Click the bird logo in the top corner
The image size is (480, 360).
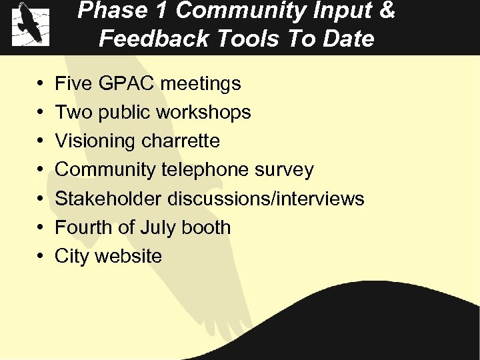coord(31,24)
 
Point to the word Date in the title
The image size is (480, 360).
coord(349,39)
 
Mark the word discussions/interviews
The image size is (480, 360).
coord(265,199)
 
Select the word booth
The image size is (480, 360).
coord(207,227)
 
